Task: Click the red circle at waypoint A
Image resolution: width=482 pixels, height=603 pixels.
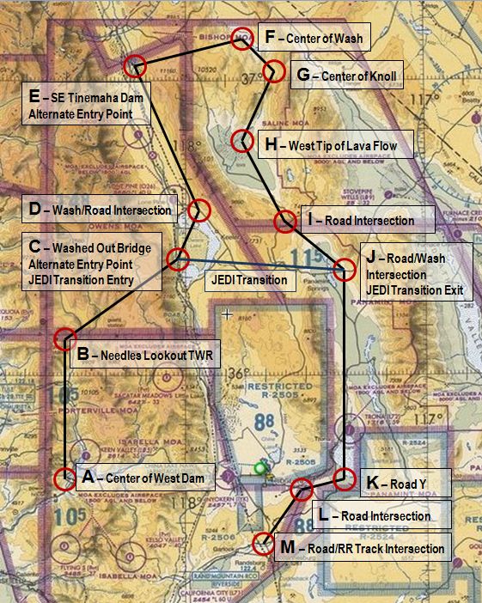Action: pyautogui.click(x=65, y=479)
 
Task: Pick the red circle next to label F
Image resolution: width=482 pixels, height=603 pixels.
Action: pyautogui.click(x=242, y=40)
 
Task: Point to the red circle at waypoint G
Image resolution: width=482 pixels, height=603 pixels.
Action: pyautogui.click(x=274, y=71)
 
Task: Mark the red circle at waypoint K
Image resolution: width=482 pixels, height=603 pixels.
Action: pyautogui.click(x=344, y=479)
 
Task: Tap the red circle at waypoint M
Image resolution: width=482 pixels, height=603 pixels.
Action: pyautogui.click(x=265, y=543)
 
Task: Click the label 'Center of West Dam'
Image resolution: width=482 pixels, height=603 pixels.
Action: pyautogui.click(x=145, y=478)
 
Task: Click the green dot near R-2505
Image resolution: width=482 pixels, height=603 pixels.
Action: pyautogui.click(x=260, y=468)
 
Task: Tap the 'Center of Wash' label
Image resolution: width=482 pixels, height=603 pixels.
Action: pyautogui.click(x=314, y=38)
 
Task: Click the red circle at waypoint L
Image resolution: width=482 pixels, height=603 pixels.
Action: pyautogui.click(x=302, y=490)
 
